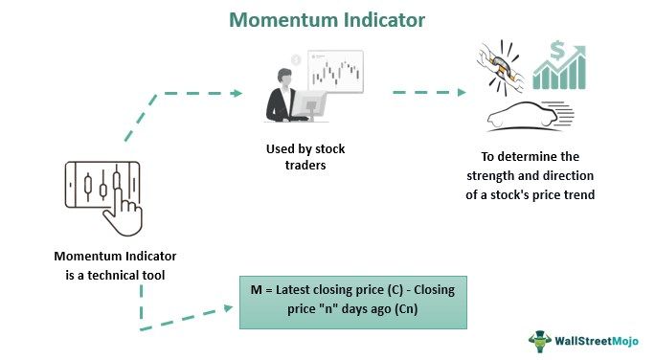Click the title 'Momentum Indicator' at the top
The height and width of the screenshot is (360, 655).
tap(327, 18)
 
